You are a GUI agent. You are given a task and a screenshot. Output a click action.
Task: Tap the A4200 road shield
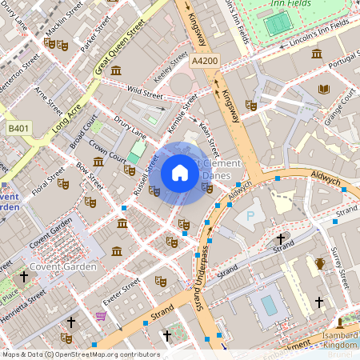205,59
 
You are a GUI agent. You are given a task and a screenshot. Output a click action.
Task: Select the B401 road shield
18,128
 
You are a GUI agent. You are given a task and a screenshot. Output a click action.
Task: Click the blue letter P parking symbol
250,216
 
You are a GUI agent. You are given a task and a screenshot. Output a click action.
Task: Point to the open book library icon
323,89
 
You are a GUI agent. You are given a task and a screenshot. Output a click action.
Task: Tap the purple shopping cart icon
100,317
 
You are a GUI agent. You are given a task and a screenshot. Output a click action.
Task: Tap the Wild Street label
145,94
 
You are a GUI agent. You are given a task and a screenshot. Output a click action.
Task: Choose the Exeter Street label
122,297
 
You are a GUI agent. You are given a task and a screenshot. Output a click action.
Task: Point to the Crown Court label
108,150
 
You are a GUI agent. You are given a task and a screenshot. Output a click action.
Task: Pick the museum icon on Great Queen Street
116,72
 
